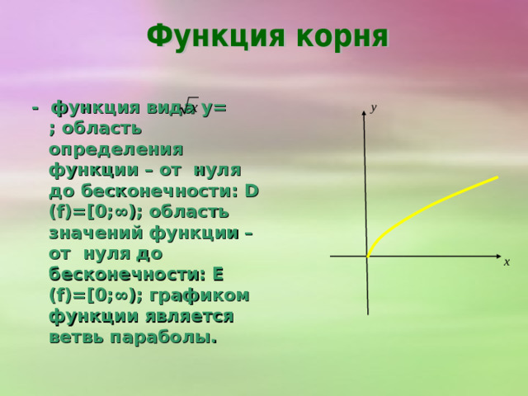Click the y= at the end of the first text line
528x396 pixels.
point(214,108)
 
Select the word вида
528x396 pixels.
point(170,108)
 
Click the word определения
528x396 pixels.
point(116,149)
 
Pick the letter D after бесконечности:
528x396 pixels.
point(252,191)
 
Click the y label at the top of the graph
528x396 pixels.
point(374,107)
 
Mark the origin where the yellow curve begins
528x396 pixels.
point(368,256)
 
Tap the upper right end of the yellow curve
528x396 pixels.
point(497,177)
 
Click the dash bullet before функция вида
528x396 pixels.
point(35,109)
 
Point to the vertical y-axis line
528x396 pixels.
point(365,181)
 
